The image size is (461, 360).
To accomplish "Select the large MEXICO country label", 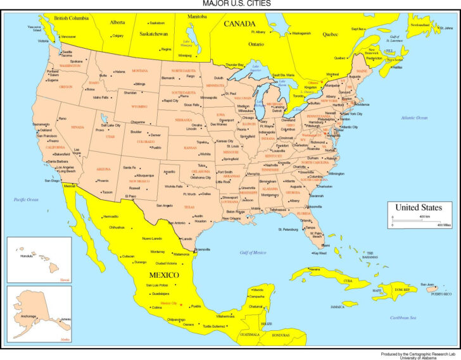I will (163, 275).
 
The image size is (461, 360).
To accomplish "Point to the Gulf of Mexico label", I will (253, 252).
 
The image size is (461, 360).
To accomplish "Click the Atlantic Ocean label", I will (414, 118).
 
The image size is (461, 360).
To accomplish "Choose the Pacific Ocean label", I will (27, 199).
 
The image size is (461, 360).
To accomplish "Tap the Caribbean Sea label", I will (403, 317).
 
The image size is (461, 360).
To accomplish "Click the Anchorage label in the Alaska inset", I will (28, 316).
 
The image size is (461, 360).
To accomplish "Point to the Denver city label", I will (155, 135).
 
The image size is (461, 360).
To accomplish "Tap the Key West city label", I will (320, 253).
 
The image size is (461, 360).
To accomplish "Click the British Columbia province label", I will (72, 18).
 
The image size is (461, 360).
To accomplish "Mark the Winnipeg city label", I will (185, 55).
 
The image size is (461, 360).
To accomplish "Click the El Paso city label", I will (130, 196).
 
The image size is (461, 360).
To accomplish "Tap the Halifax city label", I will (398, 67).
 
